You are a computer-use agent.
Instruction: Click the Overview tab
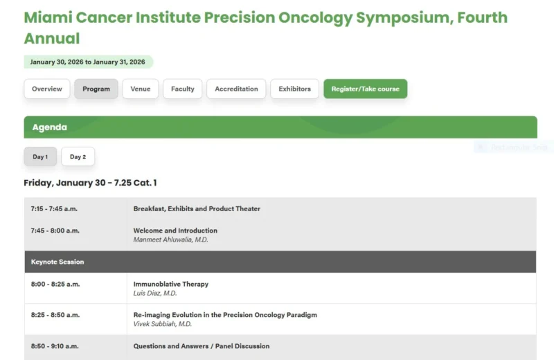coord(47,89)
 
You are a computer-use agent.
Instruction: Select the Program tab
coord(96,89)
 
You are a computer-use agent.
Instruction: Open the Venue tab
coord(141,89)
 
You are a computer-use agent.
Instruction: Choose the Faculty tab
coord(183,89)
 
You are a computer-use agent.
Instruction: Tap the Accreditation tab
coord(236,89)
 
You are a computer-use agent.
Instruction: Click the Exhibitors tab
coord(294,89)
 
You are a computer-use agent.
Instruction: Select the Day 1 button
coord(40,156)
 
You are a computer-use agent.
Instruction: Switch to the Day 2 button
coord(78,156)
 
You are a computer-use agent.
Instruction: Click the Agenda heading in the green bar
coord(49,127)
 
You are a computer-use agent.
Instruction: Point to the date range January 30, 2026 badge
coord(88,62)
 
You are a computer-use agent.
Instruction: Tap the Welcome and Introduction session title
coord(175,231)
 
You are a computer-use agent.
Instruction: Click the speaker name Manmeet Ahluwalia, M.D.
coord(170,240)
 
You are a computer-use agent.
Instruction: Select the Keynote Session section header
coord(57,262)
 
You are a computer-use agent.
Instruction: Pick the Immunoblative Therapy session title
coord(170,284)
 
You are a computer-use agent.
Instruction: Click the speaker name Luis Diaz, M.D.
coord(155,293)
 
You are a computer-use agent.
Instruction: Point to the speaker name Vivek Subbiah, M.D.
coord(163,323)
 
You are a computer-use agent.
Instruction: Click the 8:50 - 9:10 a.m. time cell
coord(55,345)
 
